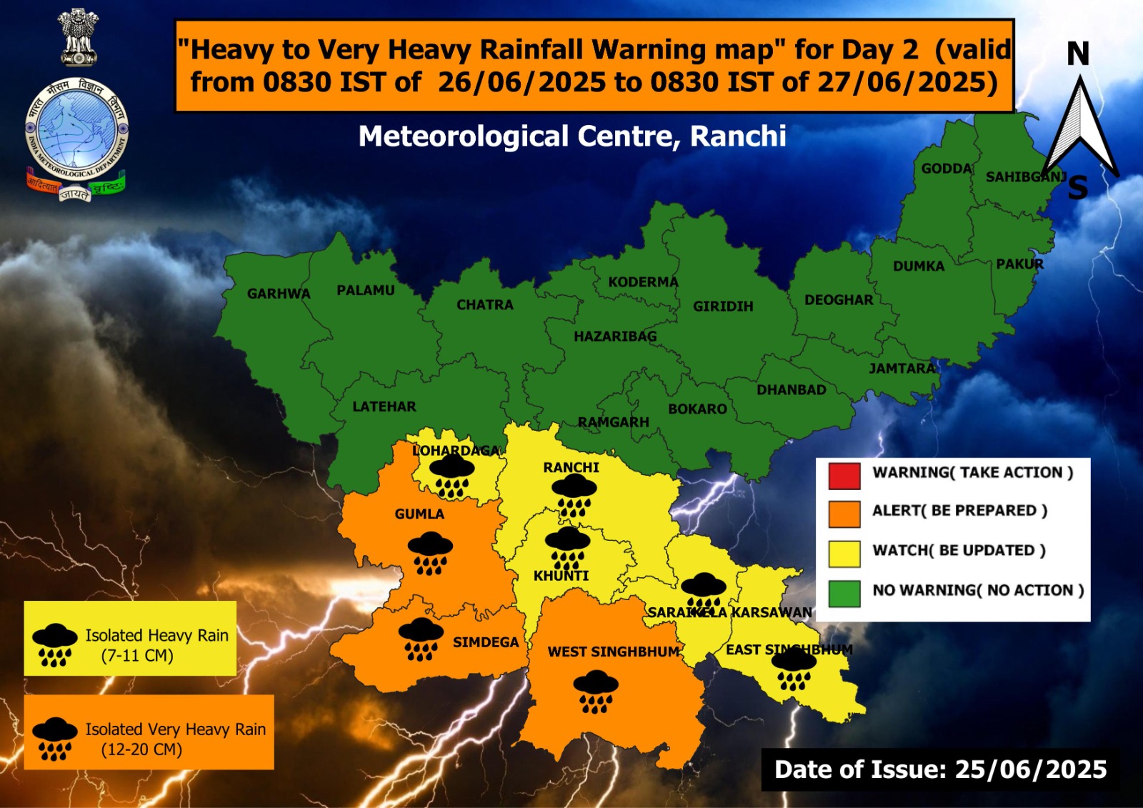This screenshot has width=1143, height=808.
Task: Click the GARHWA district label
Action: [x=279, y=294]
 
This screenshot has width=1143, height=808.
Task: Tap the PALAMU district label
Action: [x=365, y=290]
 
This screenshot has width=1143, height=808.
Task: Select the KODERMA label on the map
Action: [x=643, y=282]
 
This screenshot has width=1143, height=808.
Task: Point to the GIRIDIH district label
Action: [x=723, y=306]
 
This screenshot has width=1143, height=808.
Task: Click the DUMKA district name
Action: [x=919, y=266]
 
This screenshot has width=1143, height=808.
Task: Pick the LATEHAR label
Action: [x=384, y=407]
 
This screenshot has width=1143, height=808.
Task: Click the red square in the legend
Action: [x=844, y=475]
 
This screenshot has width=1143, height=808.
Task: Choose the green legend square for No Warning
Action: [x=844, y=592]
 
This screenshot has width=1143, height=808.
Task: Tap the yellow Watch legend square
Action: [x=844, y=553]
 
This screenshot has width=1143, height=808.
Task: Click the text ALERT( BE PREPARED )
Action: [x=959, y=511]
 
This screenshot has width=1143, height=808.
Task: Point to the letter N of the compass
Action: [x=1078, y=54]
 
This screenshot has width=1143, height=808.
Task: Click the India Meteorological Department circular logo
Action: [x=76, y=132]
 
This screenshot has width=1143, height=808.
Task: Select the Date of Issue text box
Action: [x=940, y=769]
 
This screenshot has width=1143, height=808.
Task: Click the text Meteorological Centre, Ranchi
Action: [x=572, y=136]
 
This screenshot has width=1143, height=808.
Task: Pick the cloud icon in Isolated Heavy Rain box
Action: [x=55, y=644]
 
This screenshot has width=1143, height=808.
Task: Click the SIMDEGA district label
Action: [x=486, y=642]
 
